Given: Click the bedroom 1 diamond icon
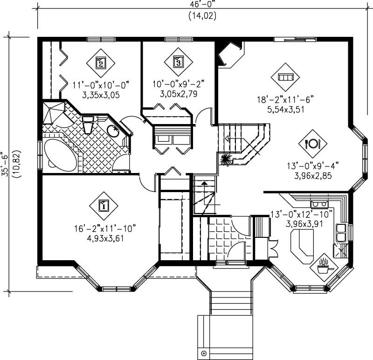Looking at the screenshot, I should (x=103, y=205).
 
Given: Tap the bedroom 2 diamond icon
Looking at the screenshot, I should (x=100, y=62).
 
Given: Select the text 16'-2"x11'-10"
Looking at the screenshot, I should (x=104, y=228).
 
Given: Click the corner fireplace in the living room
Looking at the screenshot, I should (x=230, y=54).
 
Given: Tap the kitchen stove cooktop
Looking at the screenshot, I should (x=319, y=203).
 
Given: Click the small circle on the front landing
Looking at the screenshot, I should (x=204, y=353).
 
